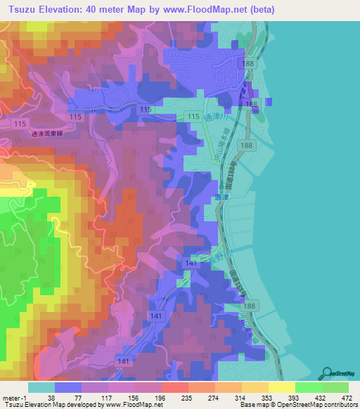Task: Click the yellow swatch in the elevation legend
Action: (281, 387)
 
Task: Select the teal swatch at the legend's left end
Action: (41, 387)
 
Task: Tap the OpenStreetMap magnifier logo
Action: (328, 374)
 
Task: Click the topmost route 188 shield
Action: (247, 63)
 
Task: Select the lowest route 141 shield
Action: (123, 361)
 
